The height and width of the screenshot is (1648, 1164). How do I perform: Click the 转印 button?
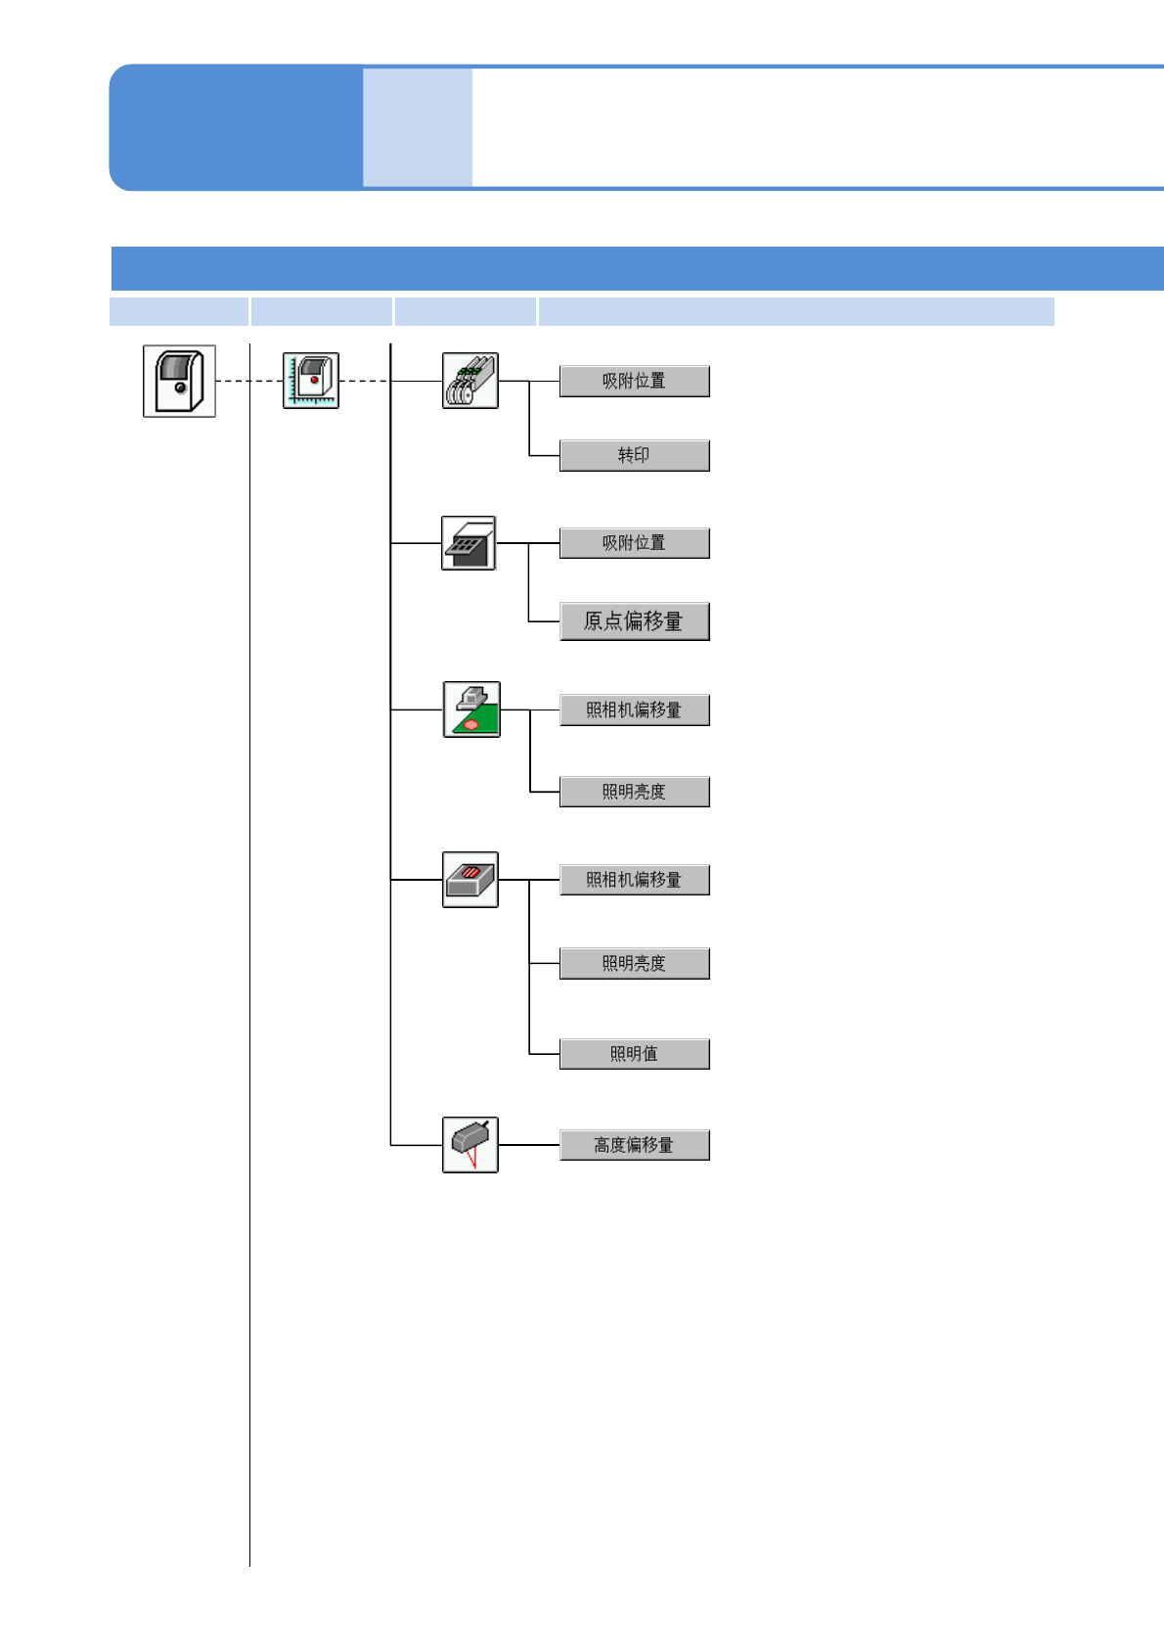tap(634, 455)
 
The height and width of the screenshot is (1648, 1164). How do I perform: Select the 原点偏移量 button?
tap(634, 621)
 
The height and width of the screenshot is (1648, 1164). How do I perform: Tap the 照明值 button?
tap(634, 1054)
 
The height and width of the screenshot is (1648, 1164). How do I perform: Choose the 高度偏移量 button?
tap(634, 1145)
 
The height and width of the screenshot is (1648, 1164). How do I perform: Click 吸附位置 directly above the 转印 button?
tap(634, 381)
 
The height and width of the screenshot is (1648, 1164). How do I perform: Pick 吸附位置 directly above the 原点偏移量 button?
tap(634, 543)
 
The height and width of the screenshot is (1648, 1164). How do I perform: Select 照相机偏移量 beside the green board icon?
tap(634, 710)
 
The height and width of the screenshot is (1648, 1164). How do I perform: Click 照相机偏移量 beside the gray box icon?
tap(634, 880)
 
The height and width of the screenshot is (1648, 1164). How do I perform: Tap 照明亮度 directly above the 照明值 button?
tap(634, 964)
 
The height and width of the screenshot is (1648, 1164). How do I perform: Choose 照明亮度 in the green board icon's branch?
tap(634, 792)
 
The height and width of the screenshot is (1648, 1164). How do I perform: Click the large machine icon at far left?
tap(179, 381)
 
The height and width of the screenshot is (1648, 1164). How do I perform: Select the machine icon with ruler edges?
tap(311, 381)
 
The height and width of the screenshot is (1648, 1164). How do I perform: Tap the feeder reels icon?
tap(470, 381)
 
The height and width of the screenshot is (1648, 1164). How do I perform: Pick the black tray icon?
tap(469, 543)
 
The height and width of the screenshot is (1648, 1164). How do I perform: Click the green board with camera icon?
tap(471, 710)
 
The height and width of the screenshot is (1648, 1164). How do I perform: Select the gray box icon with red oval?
tap(470, 880)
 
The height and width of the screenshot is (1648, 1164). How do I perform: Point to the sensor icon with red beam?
tap(470, 1145)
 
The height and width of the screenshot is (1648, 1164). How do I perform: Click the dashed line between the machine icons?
tap(248, 381)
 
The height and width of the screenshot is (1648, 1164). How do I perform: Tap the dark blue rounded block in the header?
tap(236, 127)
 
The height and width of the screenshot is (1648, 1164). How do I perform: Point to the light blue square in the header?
tap(418, 127)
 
